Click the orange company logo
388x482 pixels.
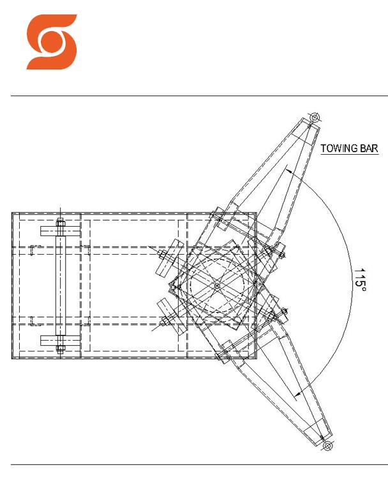point(51,41)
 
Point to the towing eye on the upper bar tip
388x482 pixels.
point(315,118)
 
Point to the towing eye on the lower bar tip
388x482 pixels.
point(327,447)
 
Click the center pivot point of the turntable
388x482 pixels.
point(217,285)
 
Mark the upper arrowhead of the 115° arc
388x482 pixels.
point(288,171)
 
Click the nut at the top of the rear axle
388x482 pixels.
point(60,222)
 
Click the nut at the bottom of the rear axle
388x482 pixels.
point(60,348)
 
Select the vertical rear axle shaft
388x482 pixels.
point(60,285)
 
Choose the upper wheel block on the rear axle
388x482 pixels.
point(60,231)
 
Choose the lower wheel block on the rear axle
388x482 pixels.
point(60,340)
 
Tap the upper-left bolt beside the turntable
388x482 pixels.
point(165,257)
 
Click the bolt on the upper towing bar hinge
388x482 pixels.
point(280,253)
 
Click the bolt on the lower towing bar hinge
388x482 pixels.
point(279,315)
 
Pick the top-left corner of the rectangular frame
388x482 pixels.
point(12,213)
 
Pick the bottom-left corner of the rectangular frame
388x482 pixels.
point(12,358)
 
